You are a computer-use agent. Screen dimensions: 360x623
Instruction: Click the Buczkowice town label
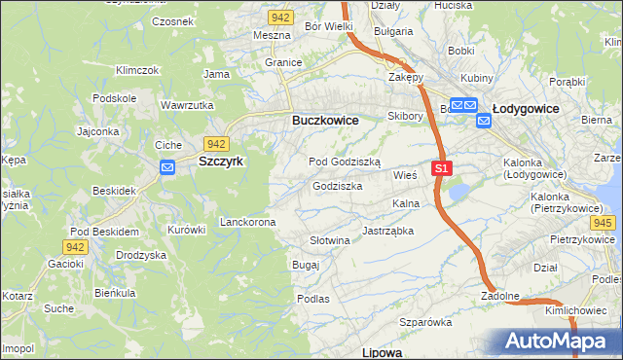coord(325,120)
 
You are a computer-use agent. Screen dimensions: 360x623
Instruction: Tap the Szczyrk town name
coord(220,162)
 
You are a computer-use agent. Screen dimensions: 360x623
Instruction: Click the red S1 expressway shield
coord(442,168)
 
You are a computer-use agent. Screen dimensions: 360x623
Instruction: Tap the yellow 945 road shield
coord(603,223)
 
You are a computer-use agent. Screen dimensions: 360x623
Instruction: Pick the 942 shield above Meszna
coord(281,18)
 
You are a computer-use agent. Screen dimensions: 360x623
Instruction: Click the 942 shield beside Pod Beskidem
coord(77,247)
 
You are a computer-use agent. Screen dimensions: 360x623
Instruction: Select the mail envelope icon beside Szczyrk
coord(166,167)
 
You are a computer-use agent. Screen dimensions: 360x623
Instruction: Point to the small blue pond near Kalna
coord(458,192)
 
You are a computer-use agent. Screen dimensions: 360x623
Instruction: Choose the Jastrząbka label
coord(388,232)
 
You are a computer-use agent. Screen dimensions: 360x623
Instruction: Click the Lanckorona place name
coord(248,222)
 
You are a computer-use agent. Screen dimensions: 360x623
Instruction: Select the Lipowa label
coord(382,351)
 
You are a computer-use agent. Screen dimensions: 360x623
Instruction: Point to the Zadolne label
coord(499,296)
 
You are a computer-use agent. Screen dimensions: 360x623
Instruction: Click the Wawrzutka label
coord(187,104)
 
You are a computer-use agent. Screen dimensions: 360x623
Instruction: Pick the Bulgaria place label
coord(392,31)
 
